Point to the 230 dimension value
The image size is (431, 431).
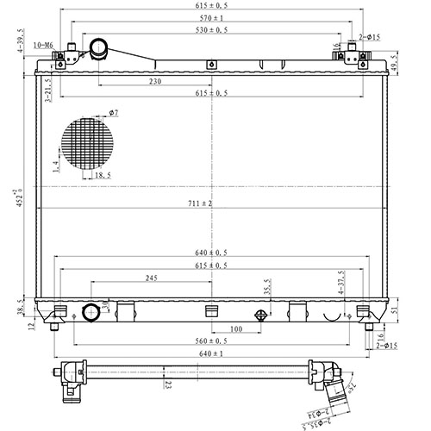tap(155, 82)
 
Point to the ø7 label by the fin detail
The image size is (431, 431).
tap(113, 113)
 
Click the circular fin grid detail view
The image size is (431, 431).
tap(87, 141)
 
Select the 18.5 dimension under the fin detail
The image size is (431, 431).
tap(103, 175)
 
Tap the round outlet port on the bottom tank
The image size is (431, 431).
tap(91, 312)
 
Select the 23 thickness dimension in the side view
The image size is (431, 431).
tap(169, 385)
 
